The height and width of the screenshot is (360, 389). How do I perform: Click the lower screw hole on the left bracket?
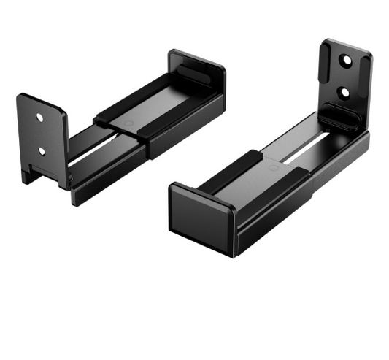click(42, 151)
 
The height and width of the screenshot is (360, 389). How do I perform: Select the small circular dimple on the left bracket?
click(128, 123)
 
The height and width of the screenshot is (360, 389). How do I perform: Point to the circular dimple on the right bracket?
click(271, 169)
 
